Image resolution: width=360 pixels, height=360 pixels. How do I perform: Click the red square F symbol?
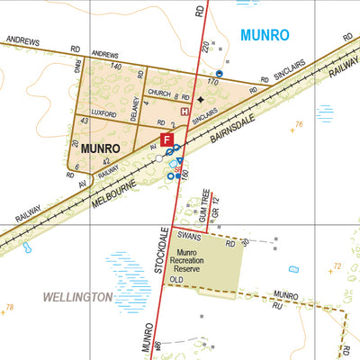[166, 139]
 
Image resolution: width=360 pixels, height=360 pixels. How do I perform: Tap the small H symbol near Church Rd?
[184, 112]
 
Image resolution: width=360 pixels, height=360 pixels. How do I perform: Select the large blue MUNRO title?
[265, 36]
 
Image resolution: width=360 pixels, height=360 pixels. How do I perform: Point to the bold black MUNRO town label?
[101, 147]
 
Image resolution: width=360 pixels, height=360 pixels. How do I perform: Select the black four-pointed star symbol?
[200, 99]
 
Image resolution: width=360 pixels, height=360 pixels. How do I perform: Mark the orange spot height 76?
[299, 124]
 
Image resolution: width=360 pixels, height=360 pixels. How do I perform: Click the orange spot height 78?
[10, 309]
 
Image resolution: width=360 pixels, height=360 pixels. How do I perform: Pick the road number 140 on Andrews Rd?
[115, 67]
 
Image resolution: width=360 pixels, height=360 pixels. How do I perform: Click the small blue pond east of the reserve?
[292, 269]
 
